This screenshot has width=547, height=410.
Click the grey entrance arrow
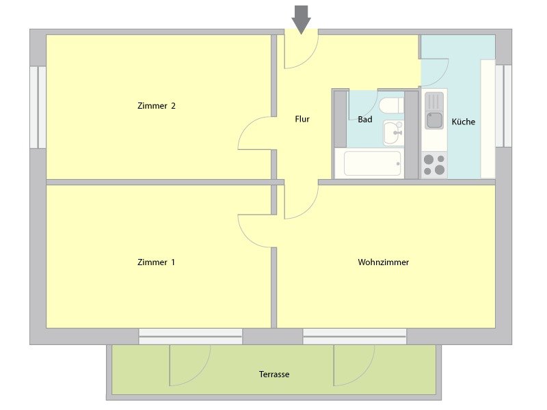[x=301, y=20]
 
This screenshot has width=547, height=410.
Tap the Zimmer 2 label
[x=157, y=106]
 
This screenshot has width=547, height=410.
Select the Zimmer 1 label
[x=156, y=262]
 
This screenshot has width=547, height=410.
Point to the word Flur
[x=302, y=119]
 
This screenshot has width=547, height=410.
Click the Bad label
[x=365, y=120]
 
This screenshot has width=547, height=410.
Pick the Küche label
[x=464, y=122]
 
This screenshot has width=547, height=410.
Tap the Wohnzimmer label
[x=383, y=262]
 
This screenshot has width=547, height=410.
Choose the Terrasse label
[x=274, y=374]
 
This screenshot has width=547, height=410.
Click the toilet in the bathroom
[x=391, y=105]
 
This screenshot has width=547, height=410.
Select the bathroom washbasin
[x=394, y=133]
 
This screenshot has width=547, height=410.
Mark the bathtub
[x=372, y=163]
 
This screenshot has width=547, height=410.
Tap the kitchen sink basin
[x=434, y=120]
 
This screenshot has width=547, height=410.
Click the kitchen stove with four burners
[x=434, y=165]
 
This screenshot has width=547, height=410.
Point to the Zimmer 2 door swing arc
[x=248, y=126]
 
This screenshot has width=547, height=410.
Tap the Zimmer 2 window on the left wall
[x=38, y=107]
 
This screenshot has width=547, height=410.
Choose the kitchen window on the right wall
[x=503, y=106]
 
